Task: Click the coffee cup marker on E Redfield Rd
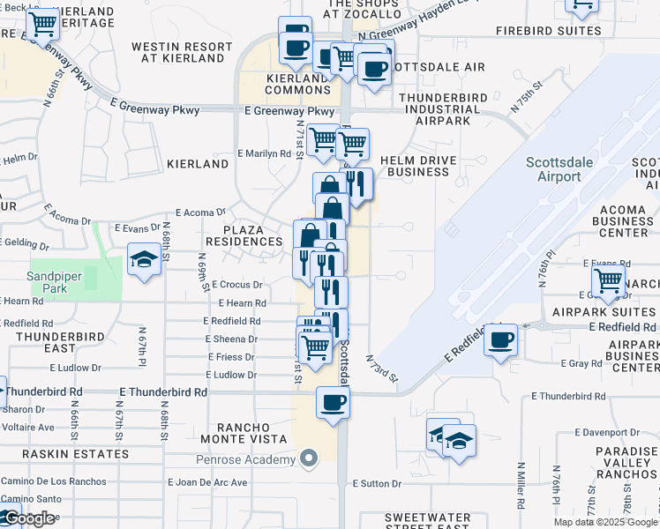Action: click(x=500, y=340)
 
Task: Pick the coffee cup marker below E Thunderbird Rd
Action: click(x=333, y=404)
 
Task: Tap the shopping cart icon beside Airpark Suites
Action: click(x=609, y=281)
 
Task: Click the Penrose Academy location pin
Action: click(x=308, y=458)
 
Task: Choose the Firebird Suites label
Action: click(x=548, y=31)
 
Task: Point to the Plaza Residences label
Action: click(x=244, y=235)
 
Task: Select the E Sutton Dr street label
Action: click(x=377, y=483)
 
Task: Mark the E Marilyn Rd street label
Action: click(x=264, y=153)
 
